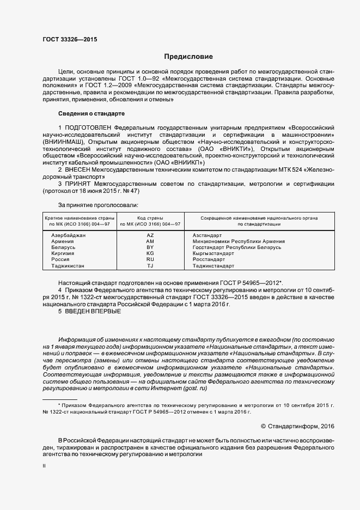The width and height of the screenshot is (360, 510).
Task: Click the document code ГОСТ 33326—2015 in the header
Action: (x=66, y=40)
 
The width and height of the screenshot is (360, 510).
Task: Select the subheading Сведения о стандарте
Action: (x=91, y=113)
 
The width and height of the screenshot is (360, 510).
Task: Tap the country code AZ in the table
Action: (x=150, y=235)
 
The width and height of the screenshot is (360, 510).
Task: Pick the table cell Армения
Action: (x=63, y=241)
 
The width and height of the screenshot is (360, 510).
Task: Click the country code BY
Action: (x=150, y=247)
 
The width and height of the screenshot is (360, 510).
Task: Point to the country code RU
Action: (x=150, y=260)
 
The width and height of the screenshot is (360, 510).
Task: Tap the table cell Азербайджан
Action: (x=69, y=235)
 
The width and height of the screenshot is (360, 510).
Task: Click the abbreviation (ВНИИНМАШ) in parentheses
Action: (x=64, y=141)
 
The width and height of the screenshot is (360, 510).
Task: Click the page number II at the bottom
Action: (x=45, y=466)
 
